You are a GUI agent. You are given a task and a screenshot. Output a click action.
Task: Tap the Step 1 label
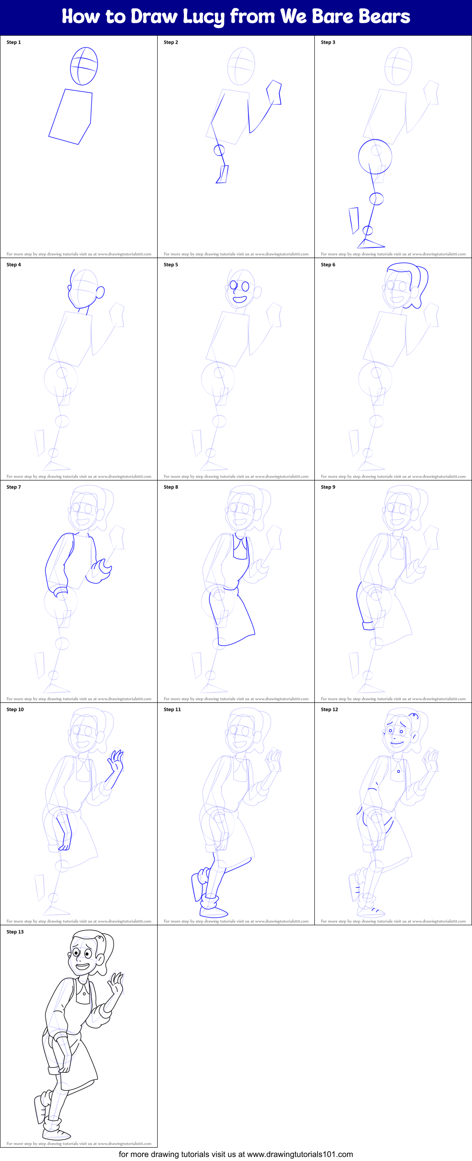tap(13, 42)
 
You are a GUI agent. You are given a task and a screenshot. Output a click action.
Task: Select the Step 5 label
tap(171, 265)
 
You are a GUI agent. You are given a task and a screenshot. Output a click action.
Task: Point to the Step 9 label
tap(328, 487)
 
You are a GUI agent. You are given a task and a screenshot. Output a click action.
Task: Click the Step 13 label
tap(15, 931)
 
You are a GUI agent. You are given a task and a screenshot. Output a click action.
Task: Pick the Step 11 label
tap(172, 710)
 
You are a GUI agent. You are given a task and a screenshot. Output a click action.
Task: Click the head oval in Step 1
tap(84, 66)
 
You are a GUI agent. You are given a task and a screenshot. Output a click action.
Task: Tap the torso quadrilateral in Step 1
tap(72, 116)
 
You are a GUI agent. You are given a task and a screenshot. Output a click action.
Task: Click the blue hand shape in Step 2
tap(274, 93)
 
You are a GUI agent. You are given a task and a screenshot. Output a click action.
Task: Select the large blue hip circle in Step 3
tap(375, 157)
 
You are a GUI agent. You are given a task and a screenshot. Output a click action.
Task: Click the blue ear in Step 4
tap(100, 293)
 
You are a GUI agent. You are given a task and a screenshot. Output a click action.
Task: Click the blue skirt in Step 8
tap(234, 617)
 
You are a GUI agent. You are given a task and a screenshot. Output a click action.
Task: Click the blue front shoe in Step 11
tap(213, 912)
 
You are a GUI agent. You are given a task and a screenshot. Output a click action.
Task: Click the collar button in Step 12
tap(399, 771)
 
